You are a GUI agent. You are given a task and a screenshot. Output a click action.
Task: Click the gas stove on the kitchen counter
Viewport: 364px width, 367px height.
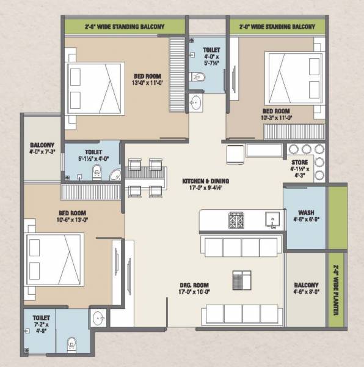tap(236, 220)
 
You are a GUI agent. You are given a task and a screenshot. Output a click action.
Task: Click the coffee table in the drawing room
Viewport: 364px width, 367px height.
tap(239, 280)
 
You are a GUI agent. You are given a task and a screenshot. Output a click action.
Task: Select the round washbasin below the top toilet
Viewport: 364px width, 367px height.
tap(195, 102)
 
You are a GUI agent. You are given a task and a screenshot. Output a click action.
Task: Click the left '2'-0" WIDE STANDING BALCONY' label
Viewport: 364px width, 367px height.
tap(125, 27)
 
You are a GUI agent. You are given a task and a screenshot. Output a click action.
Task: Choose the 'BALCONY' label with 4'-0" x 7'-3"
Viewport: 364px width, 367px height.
tap(42, 147)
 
